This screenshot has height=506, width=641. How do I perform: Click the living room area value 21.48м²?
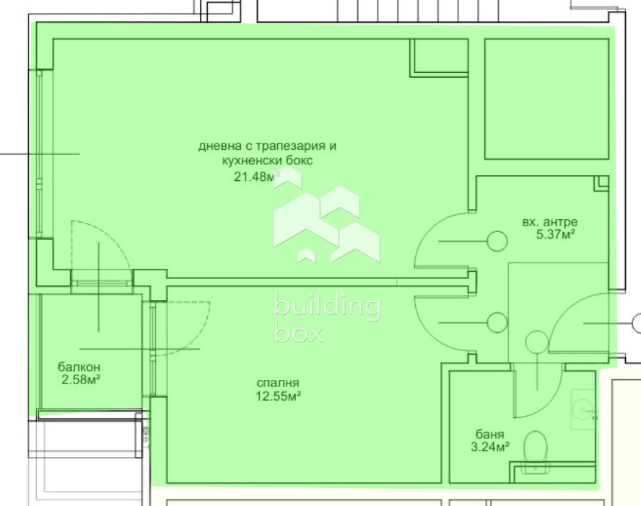tap(257, 177)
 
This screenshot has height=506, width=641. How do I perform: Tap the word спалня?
tap(278, 383)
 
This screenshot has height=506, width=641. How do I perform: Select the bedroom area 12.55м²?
tap(279, 396)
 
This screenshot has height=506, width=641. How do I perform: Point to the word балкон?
tap(79, 366)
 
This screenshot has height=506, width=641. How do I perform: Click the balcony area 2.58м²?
tap(81, 380)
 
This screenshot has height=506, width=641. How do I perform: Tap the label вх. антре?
tap(550, 223)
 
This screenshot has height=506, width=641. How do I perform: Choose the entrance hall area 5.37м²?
tap(556, 235)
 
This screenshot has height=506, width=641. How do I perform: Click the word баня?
tap(489, 434)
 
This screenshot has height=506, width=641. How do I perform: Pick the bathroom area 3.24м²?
tap(489, 447)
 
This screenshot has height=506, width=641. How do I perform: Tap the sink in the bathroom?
tap(583, 409)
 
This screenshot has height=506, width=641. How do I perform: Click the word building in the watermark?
tap(328, 306)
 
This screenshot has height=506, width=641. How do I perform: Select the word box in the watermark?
tap(298, 332)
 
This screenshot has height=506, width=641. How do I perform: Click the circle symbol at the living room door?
tap(497, 241)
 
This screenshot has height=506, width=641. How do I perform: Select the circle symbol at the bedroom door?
tap(497, 322)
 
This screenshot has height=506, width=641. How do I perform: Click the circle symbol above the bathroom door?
tap(537, 342)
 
